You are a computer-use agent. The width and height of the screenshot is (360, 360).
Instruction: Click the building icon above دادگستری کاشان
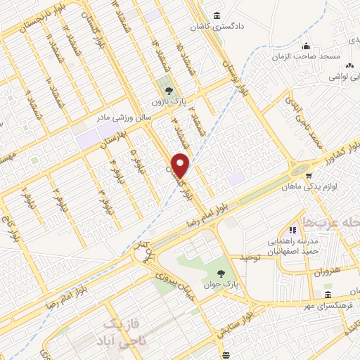point(215,15)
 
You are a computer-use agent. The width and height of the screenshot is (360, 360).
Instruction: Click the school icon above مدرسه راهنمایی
point(291,230)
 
